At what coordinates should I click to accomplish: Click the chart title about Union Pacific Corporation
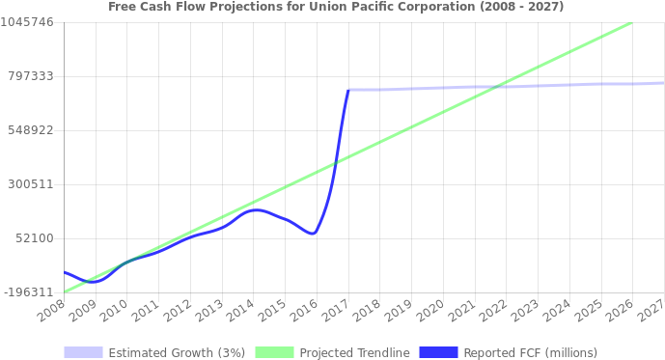tap(336, 6)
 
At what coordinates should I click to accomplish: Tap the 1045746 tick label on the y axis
tap(27, 21)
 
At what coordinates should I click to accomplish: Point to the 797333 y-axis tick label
tap(30, 75)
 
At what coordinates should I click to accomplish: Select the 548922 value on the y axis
tap(30, 129)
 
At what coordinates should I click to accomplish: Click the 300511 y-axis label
tap(30, 183)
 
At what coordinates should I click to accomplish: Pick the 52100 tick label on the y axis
tap(34, 237)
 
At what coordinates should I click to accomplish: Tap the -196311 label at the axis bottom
tap(27, 291)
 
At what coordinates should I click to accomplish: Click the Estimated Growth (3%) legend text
tap(177, 352)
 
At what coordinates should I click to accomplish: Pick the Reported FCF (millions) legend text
tap(530, 352)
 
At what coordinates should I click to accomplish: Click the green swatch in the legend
tap(274, 352)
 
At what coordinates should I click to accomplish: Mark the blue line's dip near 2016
tap(312, 234)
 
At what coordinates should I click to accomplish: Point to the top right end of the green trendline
tap(630, 23)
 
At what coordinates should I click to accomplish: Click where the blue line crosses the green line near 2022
tap(496, 87)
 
